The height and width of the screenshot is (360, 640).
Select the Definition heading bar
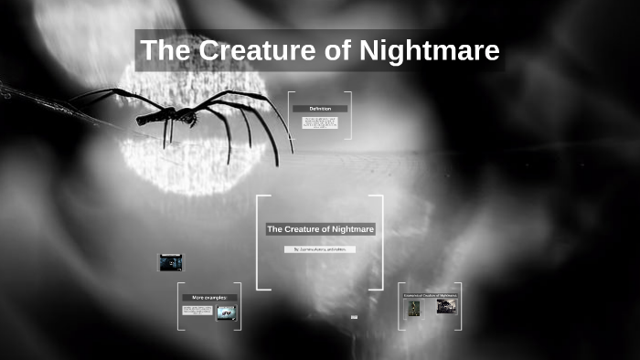click(x=319, y=109)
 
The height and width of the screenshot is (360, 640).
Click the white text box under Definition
click(x=319, y=122)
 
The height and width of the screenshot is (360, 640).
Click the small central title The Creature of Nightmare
click(x=320, y=228)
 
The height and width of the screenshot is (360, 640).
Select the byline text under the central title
click(x=320, y=249)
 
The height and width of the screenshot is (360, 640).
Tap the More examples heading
click(x=209, y=298)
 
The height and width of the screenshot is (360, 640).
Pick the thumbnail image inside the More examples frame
click(x=227, y=312)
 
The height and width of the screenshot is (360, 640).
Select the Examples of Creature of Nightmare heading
click(x=430, y=295)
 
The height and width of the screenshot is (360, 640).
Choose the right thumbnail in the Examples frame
click(x=445, y=308)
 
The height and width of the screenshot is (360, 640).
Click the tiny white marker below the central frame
click(x=354, y=317)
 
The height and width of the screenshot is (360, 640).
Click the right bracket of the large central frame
click(x=380, y=242)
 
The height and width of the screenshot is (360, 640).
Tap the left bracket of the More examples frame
click(x=179, y=306)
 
